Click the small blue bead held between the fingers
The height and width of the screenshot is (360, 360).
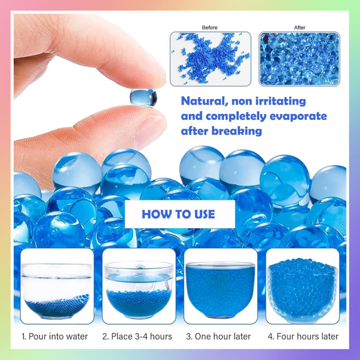pos(144,98)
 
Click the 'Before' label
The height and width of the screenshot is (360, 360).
pos(210,28)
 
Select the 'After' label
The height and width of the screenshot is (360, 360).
pos(300,28)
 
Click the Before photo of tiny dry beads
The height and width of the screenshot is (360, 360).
pos(211,59)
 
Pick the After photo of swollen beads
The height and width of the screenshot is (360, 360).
pos(299,59)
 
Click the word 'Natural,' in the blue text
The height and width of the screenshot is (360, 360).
pos(204,101)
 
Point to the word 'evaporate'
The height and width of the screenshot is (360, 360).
pos(298,116)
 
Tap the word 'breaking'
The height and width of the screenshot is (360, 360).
pos(237,131)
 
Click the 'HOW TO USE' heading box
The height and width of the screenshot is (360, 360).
pos(180,214)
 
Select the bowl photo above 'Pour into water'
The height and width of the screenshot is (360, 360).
pos(57,286)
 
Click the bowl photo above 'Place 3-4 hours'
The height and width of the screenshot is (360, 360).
pos(139,286)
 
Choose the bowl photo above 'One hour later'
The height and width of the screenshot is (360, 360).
pos(221,286)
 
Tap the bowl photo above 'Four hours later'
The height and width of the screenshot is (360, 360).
pos(302,286)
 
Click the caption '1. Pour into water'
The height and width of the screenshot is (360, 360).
pos(55,337)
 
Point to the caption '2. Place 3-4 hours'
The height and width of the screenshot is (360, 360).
pos(137,337)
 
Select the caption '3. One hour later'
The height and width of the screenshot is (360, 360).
pos(219,337)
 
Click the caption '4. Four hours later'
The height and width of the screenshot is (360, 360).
pos(303,337)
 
